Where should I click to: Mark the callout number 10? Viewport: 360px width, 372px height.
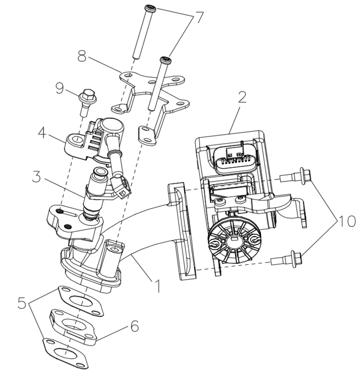tap(348, 221)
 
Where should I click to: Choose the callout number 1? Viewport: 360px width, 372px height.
tap(158, 287)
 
